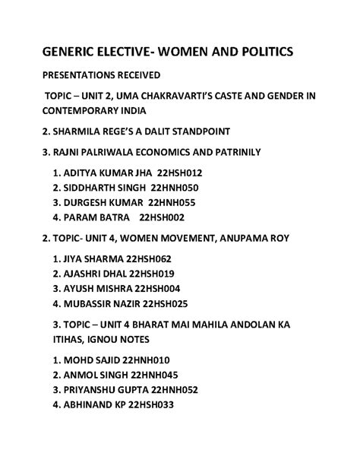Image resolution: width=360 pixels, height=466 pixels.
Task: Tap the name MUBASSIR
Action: pos(94,303)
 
